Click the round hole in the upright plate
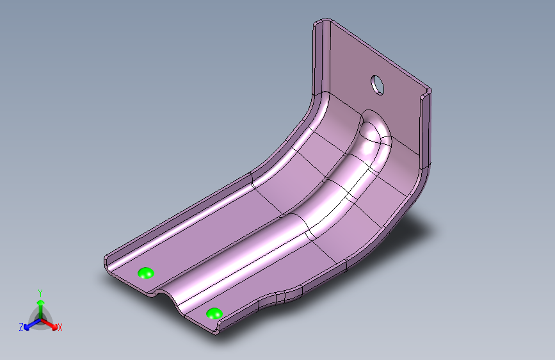tap(378, 85)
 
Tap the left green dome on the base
tap(146, 273)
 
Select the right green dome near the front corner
tap(214, 314)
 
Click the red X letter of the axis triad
tap(60, 328)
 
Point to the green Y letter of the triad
tap(40, 293)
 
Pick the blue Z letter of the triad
tap(21, 327)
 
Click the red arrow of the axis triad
tap(49, 323)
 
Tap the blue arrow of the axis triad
tap(32, 324)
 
